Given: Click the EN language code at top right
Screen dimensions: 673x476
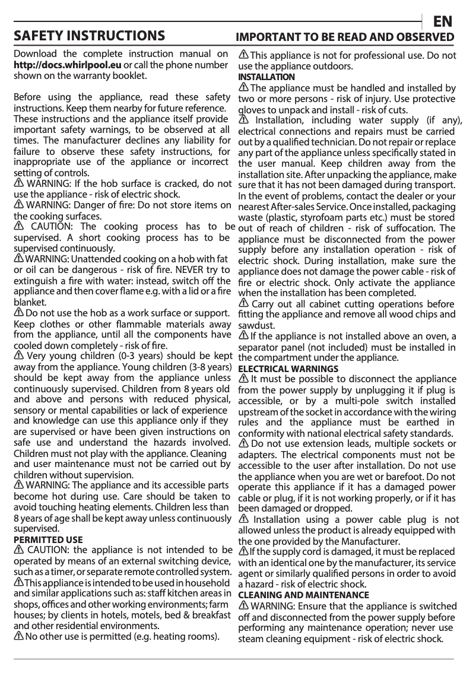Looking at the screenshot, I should [x=443, y=21].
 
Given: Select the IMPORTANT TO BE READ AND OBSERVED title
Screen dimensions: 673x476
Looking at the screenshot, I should [x=345, y=37].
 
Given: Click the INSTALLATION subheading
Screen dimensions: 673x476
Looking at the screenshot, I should [x=266, y=77].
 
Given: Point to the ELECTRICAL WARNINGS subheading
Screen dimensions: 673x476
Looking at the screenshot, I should [x=288, y=369].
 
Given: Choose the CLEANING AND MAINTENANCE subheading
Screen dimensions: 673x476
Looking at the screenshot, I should [x=303, y=595].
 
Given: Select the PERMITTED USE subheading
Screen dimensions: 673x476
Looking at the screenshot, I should [x=48, y=540].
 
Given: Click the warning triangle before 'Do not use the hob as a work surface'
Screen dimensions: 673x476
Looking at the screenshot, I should [x=18, y=313].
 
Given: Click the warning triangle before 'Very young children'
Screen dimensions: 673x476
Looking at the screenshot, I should [x=18, y=356].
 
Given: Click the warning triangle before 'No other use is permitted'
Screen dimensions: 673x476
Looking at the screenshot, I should [x=18, y=637].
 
